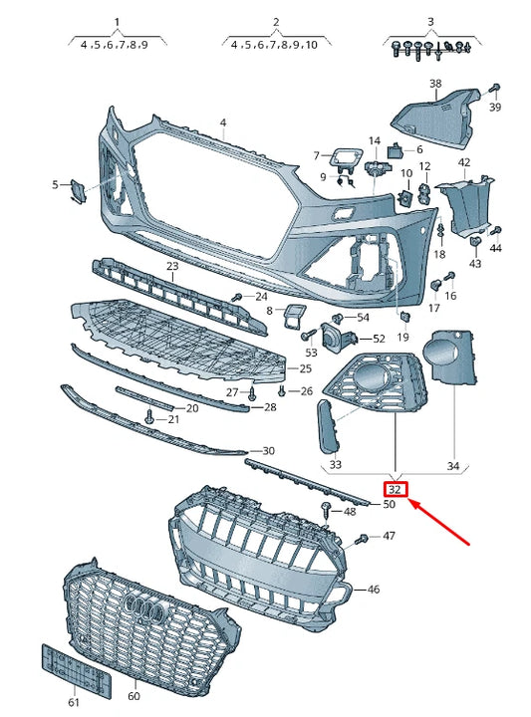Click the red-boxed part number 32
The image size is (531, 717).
coord(396,489)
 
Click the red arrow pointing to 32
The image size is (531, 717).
coord(444,524)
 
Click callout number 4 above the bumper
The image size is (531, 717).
coord(223,122)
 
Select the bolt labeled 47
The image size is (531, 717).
coord(362,539)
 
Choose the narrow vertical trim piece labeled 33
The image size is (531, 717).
coord(327,421)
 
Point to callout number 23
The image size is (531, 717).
coord(172,267)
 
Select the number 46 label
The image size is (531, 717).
coord(373,590)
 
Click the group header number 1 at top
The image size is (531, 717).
coord(117,21)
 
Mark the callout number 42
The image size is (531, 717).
coord(464,161)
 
